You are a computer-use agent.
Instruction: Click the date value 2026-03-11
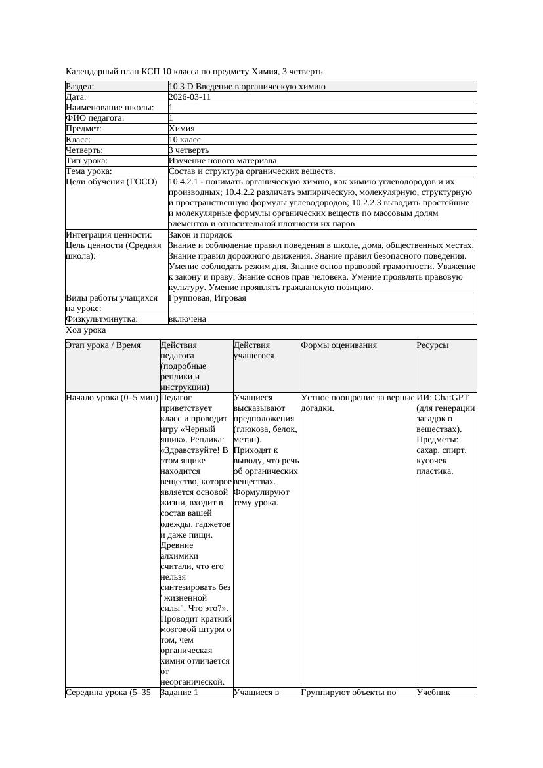point(190,97)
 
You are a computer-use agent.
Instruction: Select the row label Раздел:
point(80,87)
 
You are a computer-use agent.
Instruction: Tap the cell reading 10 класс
point(185,140)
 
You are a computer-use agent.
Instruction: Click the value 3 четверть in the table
point(188,150)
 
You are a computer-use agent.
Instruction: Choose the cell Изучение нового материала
point(223,161)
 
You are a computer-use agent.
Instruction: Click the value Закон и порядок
point(200,235)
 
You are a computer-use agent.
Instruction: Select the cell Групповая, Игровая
point(207,298)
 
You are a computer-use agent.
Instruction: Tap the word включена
point(187,319)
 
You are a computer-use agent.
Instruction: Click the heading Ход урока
point(86,331)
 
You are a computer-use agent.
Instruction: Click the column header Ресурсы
point(433,345)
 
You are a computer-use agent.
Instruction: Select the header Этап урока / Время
point(103,345)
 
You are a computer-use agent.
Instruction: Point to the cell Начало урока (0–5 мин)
point(112,398)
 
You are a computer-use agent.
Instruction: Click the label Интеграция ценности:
point(109,235)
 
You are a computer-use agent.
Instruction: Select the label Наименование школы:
point(110,108)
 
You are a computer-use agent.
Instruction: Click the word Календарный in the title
point(89,72)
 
